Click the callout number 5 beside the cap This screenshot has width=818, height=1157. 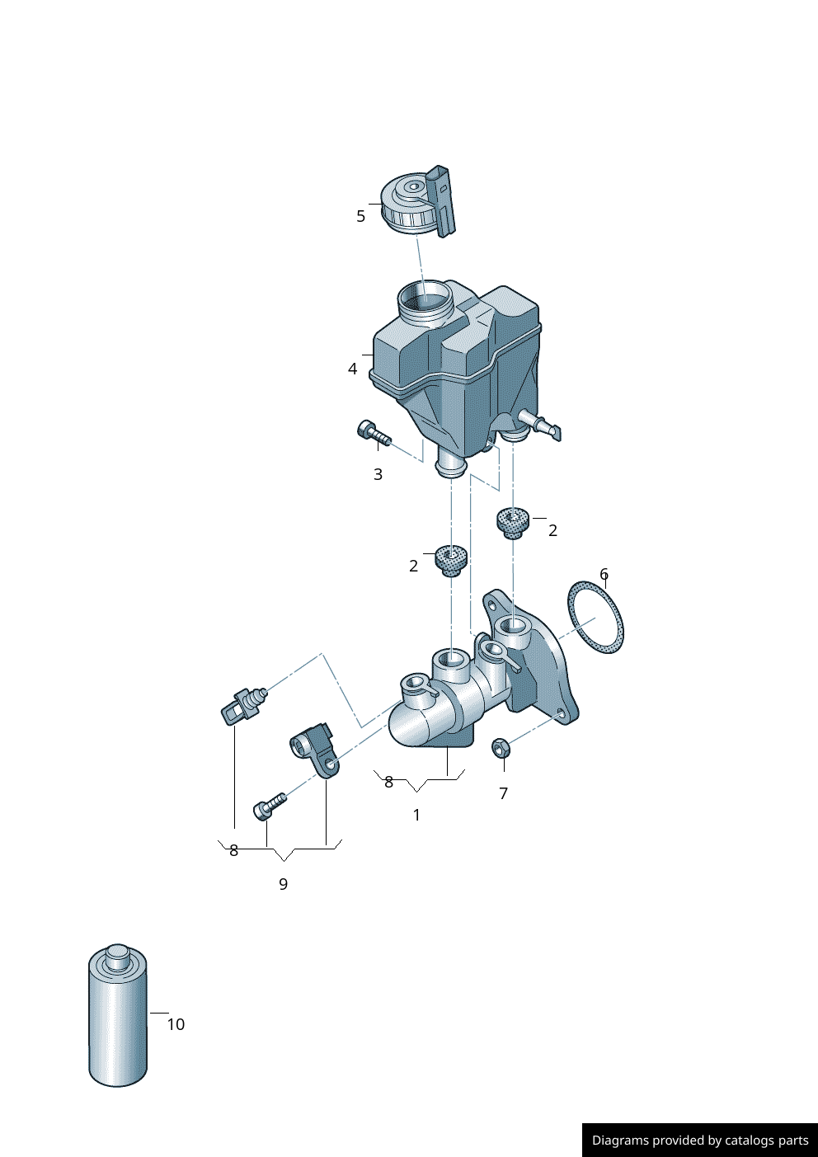point(360,216)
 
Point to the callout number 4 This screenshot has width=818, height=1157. point(353,369)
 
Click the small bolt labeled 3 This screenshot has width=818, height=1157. point(372,433)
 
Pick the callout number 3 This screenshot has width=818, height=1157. point(378,474)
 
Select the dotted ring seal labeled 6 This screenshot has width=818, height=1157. point(595,617)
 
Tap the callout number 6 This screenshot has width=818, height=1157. point(604,574)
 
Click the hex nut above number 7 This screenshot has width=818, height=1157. point(501,748)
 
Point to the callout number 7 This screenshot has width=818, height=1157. point(503,793)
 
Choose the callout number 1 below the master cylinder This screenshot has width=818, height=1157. point(416,815)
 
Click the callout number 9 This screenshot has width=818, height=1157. point(283,884)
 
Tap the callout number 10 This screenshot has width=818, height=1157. point(176,1024)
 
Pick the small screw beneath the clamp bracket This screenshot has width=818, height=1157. point(269,806)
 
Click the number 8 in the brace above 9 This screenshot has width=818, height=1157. point(233,850)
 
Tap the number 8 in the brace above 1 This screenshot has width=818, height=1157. point(388,782)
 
